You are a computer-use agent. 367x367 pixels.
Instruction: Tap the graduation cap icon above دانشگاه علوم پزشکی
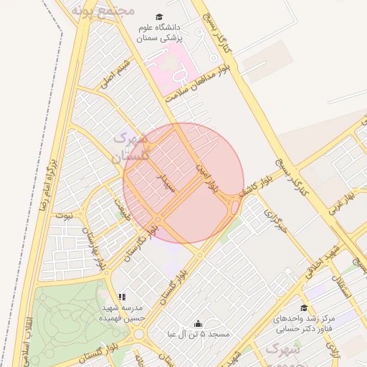pyautogui.click(x=158, y=16)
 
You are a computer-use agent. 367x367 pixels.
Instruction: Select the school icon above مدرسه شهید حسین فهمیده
pyautogui.click(x=122, y=296)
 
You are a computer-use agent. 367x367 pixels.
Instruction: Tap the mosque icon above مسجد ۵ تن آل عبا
pyautogui.click(x=198, y=323)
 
